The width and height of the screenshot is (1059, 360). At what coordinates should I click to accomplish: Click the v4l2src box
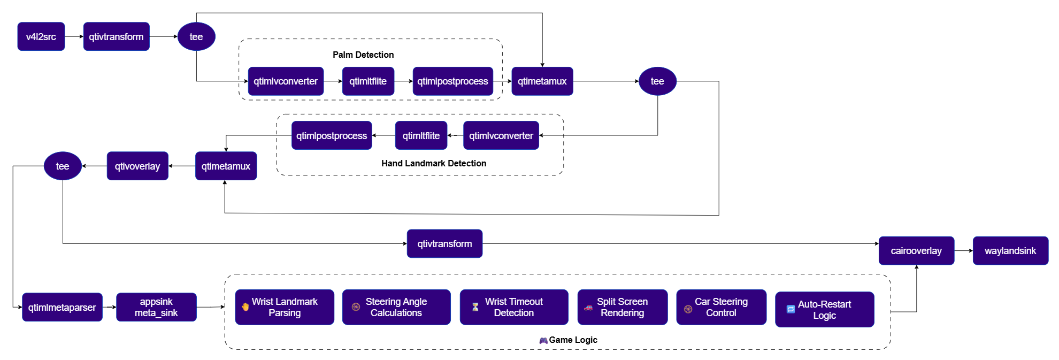[x=41, y=36]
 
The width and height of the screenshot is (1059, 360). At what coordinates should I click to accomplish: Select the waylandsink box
[x=1010, y=250]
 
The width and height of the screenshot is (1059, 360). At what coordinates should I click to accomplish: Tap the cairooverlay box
[x=916, y=250]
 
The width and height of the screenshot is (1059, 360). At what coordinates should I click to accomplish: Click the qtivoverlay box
[x=137, y=166]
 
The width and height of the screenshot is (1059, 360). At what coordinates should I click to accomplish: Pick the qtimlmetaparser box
[x=62, y=307]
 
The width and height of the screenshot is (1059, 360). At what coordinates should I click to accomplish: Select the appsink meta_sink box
[x=156, y=307]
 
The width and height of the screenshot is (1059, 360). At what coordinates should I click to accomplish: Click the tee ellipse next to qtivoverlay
[x=63, y=166]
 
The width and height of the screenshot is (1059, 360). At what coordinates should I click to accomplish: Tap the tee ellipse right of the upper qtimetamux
[x=657, y=81]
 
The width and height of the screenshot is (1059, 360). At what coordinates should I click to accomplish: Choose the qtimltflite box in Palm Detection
[x=368, y=81]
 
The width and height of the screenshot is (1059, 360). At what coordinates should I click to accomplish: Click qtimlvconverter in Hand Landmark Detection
[x=501, y=135]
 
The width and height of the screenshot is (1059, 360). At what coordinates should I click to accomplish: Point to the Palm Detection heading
[x=363, y=55]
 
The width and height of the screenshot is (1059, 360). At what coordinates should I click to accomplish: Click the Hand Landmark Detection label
[x=434, y=163]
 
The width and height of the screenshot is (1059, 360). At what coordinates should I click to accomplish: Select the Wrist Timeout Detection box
[x=514, y=307]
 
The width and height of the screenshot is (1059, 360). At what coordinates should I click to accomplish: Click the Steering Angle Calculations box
[x=396, y=307]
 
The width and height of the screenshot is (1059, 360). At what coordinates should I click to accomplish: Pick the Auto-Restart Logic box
[x=825, y=309]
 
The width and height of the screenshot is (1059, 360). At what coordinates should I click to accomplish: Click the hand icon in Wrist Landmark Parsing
[x=245, y=307]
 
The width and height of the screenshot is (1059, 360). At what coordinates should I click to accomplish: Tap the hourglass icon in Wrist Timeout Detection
[x=475, y=307]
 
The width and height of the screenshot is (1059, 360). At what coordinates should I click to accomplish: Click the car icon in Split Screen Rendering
[x=588, y=308]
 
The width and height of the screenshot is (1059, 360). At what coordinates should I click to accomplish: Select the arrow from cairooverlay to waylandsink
[x=963, y=250]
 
